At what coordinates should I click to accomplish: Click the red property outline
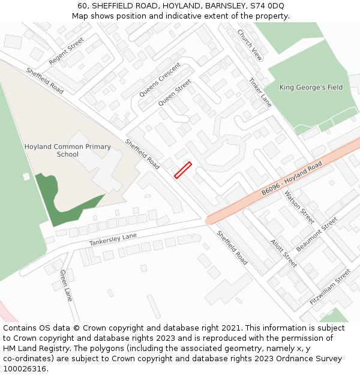point(182,170)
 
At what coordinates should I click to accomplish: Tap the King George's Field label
point(311,88)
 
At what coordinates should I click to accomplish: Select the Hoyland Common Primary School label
point(68,151)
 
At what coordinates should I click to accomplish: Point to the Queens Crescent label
point(160,80)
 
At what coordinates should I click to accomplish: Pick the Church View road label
point(250,45)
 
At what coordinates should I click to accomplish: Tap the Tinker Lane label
point(260,92)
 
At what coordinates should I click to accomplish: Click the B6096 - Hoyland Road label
point(292,178)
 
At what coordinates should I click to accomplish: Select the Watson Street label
point(299,207)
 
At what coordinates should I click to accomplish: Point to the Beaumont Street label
point(317,234)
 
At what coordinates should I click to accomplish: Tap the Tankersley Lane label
point(113,239)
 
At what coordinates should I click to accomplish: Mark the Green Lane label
point(66,286)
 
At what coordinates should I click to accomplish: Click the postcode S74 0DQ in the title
point(269,6)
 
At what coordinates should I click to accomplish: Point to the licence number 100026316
point(26,369)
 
